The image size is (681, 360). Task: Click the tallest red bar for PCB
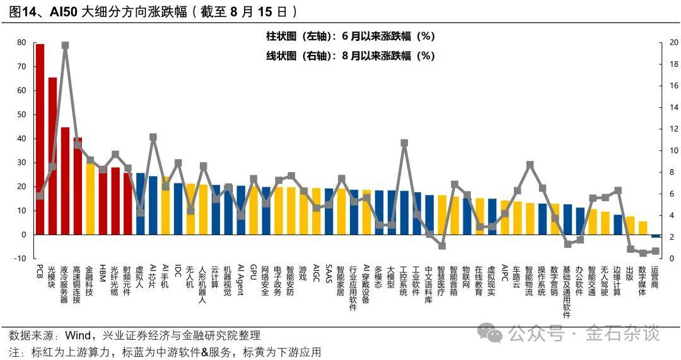click(x=40, y=139)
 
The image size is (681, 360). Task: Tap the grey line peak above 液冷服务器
click(x=65, y=45)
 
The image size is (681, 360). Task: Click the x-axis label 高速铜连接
click(x=77, y=284)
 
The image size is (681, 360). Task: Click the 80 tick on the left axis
click(x=21, y=42)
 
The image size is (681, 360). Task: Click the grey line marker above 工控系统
click(x=404, y=143)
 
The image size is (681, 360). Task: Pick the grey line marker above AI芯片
click(x=153, y=137)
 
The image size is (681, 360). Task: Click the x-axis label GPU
click(x=253, y=272)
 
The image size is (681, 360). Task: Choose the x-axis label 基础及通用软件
click(x=567, y=291)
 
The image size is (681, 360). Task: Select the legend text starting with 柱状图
click(x=351, y=37)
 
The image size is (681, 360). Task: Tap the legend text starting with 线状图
click(x=351, y=55)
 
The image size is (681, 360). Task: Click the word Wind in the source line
click(x=78, y=335)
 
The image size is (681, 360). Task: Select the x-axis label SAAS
click(x=329, y=274)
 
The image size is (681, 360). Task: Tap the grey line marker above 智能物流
click(x=530, y=165)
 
